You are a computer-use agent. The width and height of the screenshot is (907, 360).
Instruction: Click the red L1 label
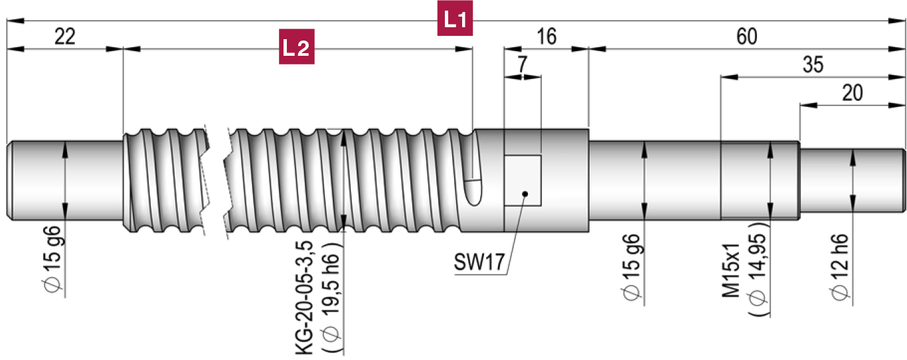tap(455, 21)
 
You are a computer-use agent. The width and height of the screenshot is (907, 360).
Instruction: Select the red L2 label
tap(295, 48)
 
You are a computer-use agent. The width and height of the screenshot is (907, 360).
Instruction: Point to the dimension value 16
tap(546, 37)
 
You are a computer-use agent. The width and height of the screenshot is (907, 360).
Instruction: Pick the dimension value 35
tap(812, 65)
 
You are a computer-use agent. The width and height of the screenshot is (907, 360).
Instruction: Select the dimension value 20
tap(852, 93)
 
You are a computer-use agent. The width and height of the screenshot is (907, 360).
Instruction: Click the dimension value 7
tap(523, 65)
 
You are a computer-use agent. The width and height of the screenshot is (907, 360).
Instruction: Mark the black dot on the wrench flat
tap(525, 194)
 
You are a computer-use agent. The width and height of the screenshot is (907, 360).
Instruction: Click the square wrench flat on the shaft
tap(523, 180)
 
